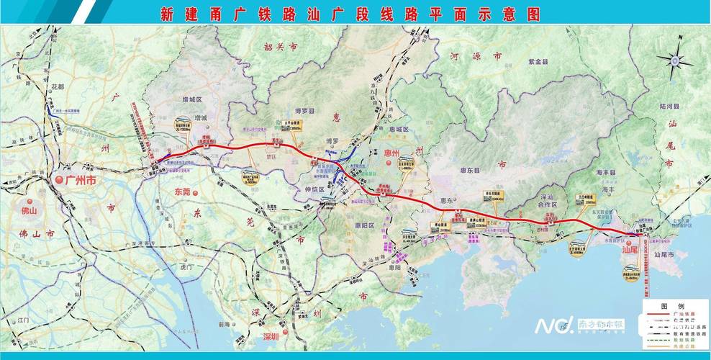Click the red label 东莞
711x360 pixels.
[x=185, y=193]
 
